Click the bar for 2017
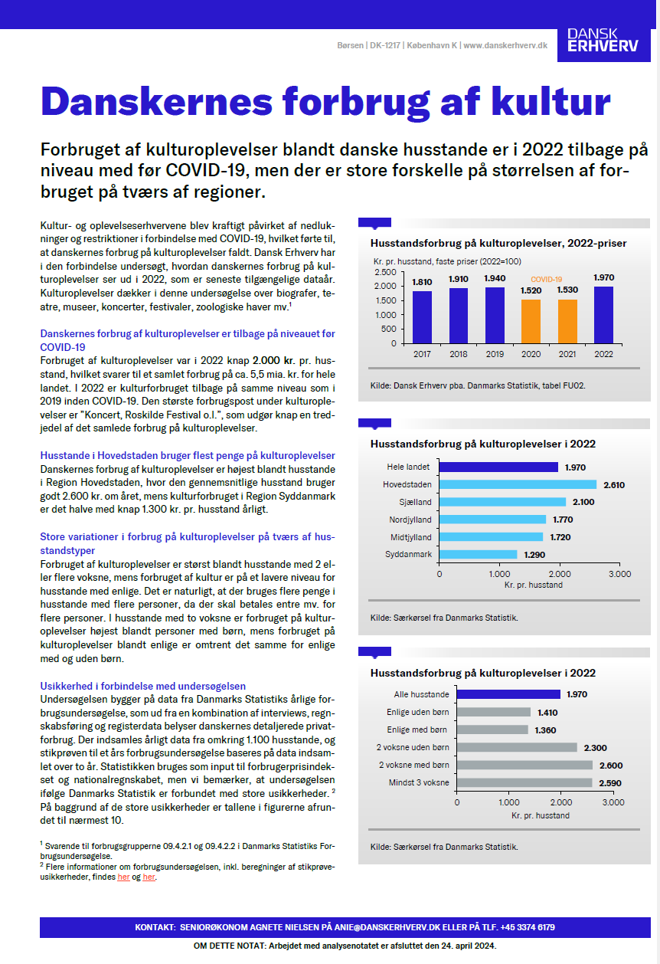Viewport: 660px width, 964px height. pyautogui.click(x=422, y=316)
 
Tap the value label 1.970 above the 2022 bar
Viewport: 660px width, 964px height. pyautogui.click(x=605, y=277)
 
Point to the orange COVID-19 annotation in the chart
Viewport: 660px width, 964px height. pyautogui.click(x=547, y=280)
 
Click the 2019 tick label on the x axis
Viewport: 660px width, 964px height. pyautogui.click(x=495, y=354)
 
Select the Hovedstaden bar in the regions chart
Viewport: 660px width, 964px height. pyautogui.click(x=518, y=484)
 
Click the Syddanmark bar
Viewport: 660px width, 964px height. pyautogui.click(x=478, y=554)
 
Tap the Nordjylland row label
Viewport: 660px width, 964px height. pyautogui.click(x=410, y=520)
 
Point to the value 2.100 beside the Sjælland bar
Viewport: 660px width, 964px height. pyautogui.click(x=581, y=502)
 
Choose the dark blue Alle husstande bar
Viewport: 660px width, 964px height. pyautogui.click(x=508, y=694)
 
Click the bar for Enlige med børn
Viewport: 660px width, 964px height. pyautogui.click(x=492, y=730)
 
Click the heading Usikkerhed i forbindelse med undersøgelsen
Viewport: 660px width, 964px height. pyautogui.click(x=142, y=686)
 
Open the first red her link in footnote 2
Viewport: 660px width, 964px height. pyautogui.click(x=123, y=877)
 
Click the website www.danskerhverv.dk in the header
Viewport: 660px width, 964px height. pyautogui.click(x=505, y=46)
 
